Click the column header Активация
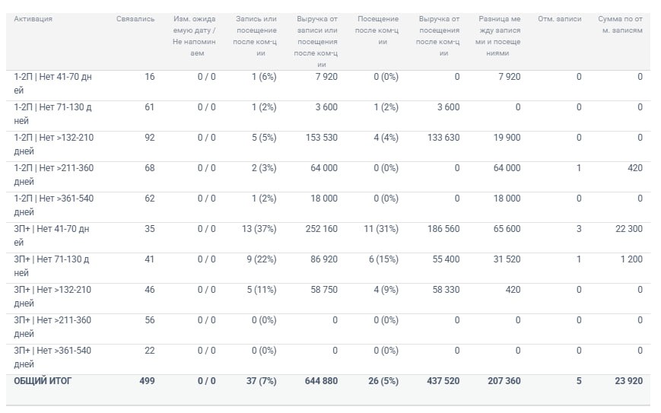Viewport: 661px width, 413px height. tap(33, 19)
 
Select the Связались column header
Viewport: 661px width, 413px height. tap(135, 19)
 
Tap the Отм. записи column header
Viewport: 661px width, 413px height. tap(559, 19)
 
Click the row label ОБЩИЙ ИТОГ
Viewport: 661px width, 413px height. tap(43, 381)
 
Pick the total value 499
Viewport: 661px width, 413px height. tap(147, 381)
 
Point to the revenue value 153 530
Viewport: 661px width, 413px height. tap(322, 138)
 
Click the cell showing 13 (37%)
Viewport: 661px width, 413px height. tap(259, 229)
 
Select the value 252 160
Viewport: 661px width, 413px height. tap(322, 229)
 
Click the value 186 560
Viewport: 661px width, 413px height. tap(443, 229)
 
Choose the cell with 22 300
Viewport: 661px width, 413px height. tap(629, 229)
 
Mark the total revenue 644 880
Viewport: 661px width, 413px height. tap(321, 381)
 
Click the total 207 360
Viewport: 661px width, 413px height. tap(504, 381)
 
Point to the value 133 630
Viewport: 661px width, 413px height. tap(443, 138)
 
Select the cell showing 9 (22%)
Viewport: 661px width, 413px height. tap(262, 259)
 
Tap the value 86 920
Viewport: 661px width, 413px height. tap(324, 259)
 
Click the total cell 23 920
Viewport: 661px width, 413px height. tap(629, 381)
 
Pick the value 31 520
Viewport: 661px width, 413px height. tap(507, 259)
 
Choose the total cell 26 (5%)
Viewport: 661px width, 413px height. tap(383, 381)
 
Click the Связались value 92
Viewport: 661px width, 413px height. tap(150, 138)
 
